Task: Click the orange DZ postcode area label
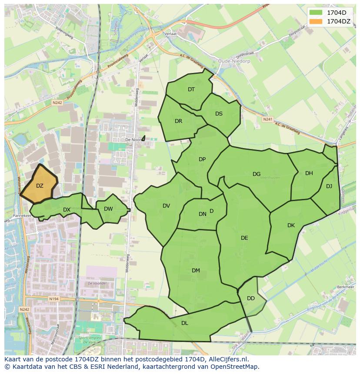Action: coord(40,186)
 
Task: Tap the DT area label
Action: coord(191,89)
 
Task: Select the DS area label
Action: coord(219,114)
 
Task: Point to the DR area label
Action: coord(178,121)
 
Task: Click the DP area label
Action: coord(202,159)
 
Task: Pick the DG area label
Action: coord(257,174)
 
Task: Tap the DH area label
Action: coord(309,173)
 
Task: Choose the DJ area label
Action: coord(329,186)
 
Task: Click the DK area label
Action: coord(291,225)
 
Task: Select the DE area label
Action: coord(244,238)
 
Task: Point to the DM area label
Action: coord(196,271)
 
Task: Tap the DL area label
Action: coord(185,323)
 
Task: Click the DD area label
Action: coord(251,298)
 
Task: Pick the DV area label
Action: coord(166,206)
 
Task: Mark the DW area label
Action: coord(108,209)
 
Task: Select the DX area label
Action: coord(67,210)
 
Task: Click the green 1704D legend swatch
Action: coord(317,12)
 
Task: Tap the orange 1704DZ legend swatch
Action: coord(317,21)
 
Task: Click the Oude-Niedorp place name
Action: coord(232,61)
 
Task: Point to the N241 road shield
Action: coord(267,119)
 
